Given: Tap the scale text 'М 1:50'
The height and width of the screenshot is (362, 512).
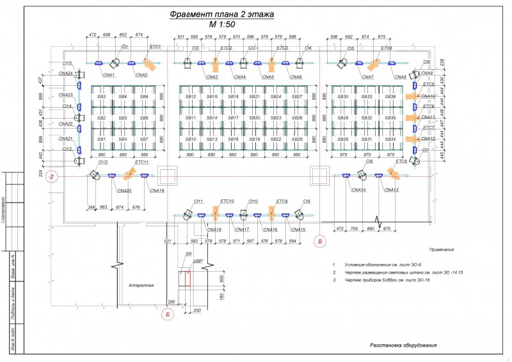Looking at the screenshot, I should (x=221, y=23).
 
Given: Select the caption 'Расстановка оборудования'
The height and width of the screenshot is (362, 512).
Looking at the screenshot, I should (x=403, y=346).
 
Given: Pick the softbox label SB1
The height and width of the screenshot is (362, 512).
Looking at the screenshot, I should (x=101, y=139).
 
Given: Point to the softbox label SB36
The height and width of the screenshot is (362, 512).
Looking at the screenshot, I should (x=390, y=97).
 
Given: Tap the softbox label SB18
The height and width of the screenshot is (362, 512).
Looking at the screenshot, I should (x=234, y=97).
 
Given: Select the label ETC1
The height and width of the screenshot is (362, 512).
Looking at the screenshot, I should (x=155, y=47).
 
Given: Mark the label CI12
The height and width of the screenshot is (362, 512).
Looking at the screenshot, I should (x=102, y=163).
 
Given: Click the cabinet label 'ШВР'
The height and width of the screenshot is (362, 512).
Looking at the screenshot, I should (x=198, y=261).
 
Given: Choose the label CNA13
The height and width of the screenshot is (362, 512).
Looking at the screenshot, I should (x=392, y=190).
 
